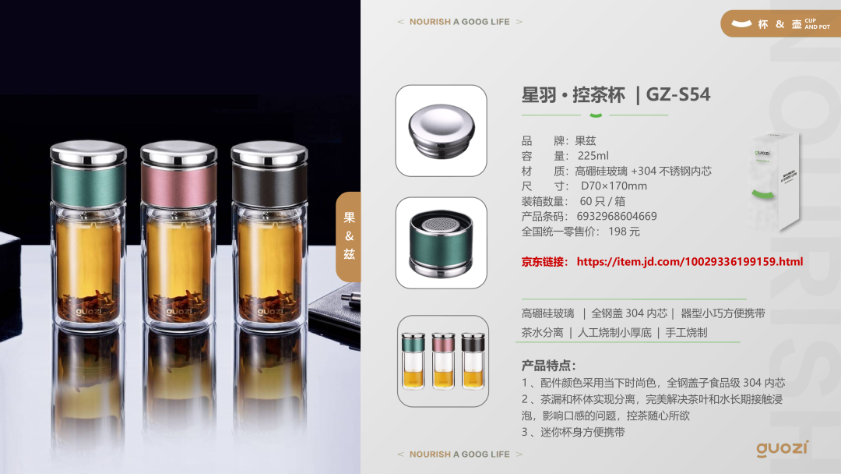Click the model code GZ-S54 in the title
[678, 94]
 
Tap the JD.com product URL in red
[690, 262]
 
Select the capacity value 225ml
[593, 156]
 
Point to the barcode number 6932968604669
[617, 216]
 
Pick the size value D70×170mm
[614, 186]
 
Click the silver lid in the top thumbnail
[442, 131]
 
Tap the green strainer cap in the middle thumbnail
[441, 243]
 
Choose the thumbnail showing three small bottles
[443, 361]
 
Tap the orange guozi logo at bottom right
[783, 449]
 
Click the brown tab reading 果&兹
[349, 237]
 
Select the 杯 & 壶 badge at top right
[780, 23]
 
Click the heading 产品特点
[548, 366]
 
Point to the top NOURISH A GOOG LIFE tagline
[459, 22]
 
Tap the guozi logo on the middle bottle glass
[178, 311]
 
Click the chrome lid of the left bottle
[89, 152]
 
